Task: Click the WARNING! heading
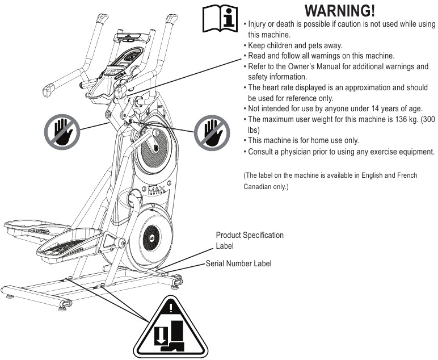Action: (340, 11)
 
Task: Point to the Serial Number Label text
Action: (238, 263)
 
